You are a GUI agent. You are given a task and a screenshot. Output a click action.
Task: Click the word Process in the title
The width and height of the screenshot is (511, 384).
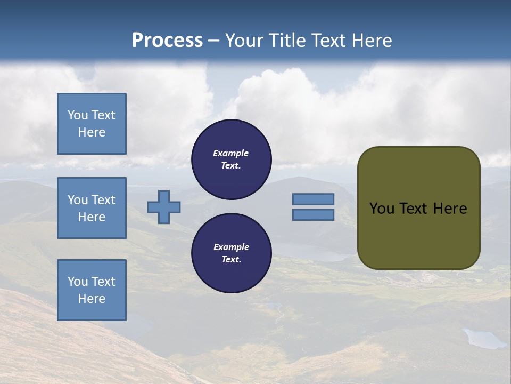click(x=167, y=41)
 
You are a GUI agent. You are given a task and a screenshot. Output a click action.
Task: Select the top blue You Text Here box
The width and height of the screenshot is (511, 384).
click(x=92, y=124)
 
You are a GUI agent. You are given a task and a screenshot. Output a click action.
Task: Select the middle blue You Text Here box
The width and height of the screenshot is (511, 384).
click(x=92, y=208)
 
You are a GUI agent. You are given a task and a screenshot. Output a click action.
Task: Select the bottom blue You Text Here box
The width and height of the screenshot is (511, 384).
click(x=92, y=290)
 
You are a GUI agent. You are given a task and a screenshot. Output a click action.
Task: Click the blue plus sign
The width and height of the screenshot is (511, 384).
click(x=164, y=207)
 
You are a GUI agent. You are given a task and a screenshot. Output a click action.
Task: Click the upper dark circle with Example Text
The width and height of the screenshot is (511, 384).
click(x=232, y=159)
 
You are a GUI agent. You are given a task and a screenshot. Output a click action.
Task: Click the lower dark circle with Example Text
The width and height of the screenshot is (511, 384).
click(x=232, y=253)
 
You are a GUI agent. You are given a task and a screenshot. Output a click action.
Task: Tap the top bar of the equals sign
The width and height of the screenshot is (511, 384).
click(x=313, y=199)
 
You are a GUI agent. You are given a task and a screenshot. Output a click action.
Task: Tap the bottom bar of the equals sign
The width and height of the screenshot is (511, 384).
click(x=313, y=215)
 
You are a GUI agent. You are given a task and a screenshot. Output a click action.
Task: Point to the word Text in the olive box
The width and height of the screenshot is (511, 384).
click(x=415, y=209)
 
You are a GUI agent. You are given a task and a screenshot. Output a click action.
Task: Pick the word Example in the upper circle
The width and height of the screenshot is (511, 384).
click(x=231, y=153)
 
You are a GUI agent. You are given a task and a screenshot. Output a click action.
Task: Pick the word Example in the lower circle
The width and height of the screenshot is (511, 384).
click(x=231, y=247)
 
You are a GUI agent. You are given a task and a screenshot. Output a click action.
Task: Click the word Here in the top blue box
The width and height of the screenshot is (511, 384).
click(x=92, y=132)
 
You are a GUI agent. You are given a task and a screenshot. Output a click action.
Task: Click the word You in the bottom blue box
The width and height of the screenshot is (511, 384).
click(x=78, y=281)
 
